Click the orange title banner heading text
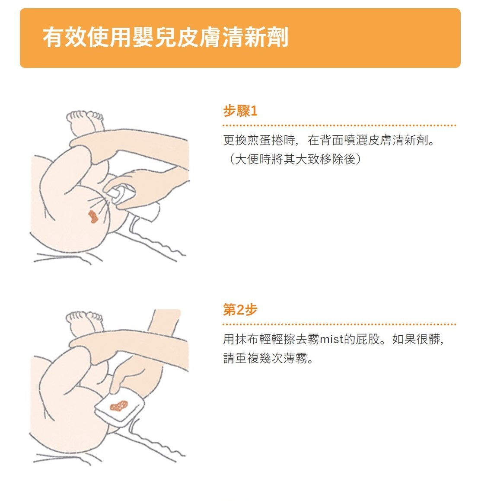[166, 37]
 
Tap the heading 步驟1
[240, 111]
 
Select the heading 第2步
[240, 310]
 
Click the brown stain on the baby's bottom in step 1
[93, 217]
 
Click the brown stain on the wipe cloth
[119, 406]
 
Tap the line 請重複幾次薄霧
[268, 358]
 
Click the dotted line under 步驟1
[340, 125]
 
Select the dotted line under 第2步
[340, 324]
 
